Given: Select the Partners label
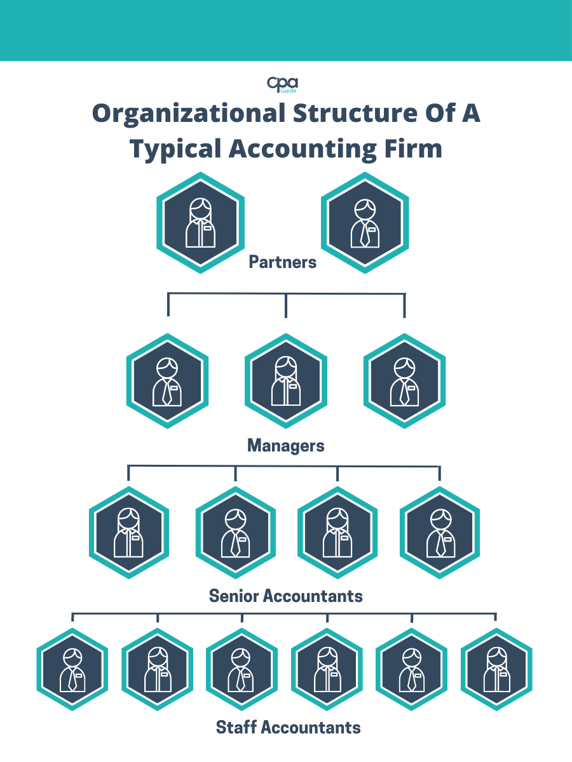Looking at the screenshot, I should click(x=283, y=262).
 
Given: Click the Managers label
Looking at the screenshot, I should click(x=285, y=446).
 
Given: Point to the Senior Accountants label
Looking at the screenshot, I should click(x=286, y=596).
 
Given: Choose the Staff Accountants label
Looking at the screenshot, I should click(x=289, y=727).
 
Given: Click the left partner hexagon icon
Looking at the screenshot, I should click(x=201, y=223).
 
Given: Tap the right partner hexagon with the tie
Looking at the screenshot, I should click(x=365, y=223).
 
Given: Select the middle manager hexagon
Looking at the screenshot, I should click(x=285, y=381).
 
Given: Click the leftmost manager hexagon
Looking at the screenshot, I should click(x=167, y=381).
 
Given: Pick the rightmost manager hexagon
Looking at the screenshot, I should click(x=404, y=381).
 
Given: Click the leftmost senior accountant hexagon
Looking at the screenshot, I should click(x=129, y=532).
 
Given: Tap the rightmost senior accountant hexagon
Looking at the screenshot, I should click(x=440, y=532).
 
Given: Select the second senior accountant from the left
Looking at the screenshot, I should click(x=235, y=532).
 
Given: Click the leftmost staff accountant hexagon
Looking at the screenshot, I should click(x=72, y=669).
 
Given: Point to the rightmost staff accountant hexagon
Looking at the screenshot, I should click(x=496, y=669).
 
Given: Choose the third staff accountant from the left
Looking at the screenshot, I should click(x=242, y=669).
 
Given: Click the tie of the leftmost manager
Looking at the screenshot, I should click(x=167, y=394).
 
